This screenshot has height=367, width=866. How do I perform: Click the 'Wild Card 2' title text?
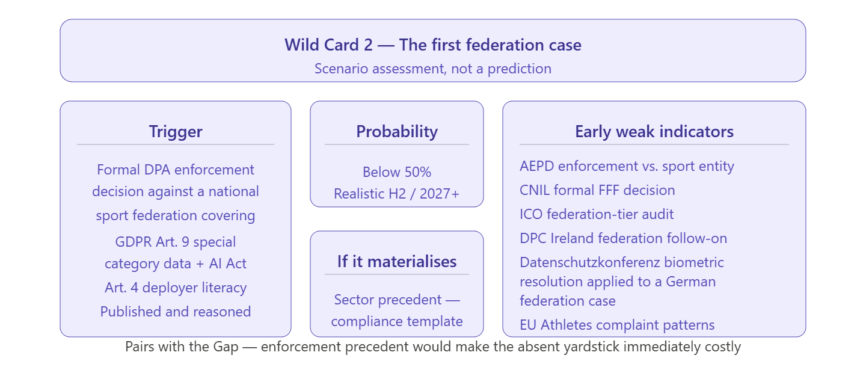(328, 45)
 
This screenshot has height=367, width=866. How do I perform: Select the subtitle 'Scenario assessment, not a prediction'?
(433, 69)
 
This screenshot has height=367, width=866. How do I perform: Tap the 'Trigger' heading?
(176, 132)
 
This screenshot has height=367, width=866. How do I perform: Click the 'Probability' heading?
(397, 132)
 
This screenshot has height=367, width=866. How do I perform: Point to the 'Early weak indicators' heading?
(654, 132)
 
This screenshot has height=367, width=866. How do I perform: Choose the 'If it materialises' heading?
(397, 262)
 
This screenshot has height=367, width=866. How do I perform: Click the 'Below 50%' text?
(397, 172)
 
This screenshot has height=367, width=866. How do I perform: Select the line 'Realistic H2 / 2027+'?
(397, 194)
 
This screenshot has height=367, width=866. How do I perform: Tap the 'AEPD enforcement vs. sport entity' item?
(627, 166)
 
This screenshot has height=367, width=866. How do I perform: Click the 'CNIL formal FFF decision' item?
(597, 190)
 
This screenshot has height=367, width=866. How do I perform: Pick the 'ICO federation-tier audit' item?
(597, 214)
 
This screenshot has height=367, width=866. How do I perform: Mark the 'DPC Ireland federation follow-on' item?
(623, 238)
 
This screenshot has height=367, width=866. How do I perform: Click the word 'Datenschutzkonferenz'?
(590, 262)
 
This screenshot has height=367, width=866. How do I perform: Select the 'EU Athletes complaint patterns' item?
(617, 325)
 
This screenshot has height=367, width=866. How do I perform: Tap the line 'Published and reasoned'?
(176, 312)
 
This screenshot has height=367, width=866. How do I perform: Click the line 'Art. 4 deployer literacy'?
(176, 288)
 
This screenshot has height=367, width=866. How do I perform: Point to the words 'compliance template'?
(397, 321)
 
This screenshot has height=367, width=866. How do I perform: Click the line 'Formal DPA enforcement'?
(176, 170)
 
